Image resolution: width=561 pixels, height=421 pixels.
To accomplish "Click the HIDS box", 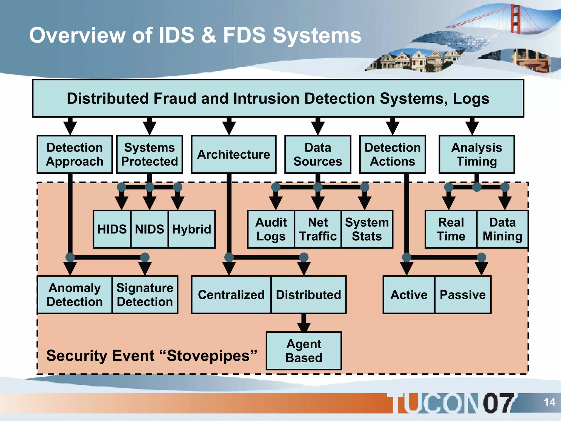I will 112,229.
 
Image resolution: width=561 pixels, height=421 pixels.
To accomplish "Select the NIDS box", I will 149,229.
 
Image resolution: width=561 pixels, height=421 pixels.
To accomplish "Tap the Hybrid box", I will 191,229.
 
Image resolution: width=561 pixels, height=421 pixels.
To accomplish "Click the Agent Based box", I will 304,351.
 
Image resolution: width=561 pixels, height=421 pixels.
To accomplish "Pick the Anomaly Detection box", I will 75,295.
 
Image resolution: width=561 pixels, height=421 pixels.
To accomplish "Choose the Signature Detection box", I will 145,295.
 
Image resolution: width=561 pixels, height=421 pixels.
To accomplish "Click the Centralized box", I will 231,295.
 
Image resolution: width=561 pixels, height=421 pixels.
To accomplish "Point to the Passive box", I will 462,295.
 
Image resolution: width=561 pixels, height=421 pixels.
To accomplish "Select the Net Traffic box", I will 318,229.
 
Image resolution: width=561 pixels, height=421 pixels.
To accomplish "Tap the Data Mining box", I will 502,229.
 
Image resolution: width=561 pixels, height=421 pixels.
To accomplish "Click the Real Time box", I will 451,229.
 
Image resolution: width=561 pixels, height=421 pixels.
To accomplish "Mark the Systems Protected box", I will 149,154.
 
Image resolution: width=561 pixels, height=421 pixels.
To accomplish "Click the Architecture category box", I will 233,154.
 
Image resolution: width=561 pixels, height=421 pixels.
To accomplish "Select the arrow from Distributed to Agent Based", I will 304,323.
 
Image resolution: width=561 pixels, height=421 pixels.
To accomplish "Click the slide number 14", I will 549,402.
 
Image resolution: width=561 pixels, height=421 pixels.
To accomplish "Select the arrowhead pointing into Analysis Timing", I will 472,127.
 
